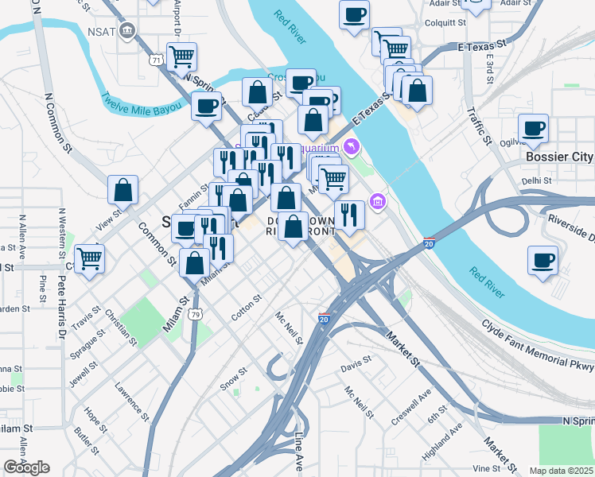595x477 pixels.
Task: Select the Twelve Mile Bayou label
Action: click(140, 103)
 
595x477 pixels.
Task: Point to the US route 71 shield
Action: click(155, 59)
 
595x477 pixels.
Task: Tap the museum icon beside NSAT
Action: click(127, 33)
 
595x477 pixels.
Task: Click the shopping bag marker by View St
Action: click(122, 191)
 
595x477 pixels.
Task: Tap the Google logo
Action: click(26, 467)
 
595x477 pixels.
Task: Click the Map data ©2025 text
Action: click(562, 470)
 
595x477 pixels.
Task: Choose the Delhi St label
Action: click(537, 180)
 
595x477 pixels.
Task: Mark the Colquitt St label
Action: click(445, 23)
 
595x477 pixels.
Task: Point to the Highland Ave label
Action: click(443, 441)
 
